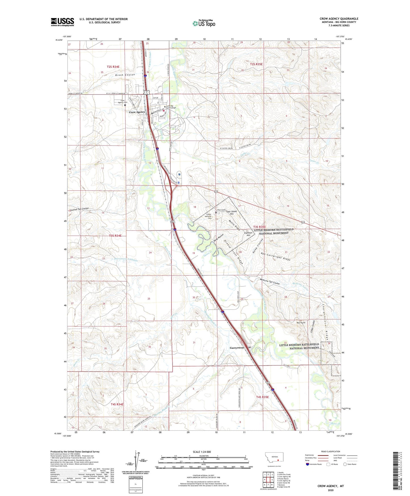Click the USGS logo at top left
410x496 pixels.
62,22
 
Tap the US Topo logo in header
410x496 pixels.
204,23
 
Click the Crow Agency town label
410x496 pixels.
137,112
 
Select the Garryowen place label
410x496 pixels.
237,348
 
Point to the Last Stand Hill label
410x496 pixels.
232,213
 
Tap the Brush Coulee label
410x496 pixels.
125,75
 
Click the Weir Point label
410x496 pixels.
301,323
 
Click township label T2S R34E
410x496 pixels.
113,67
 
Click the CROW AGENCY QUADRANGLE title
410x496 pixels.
339,19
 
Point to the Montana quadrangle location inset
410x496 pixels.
274,458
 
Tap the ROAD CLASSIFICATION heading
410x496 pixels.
331,451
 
